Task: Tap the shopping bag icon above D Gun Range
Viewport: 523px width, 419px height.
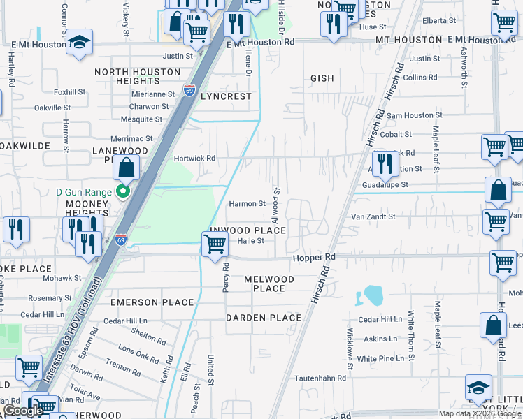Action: (126, 168)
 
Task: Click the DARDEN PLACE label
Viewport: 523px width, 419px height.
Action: (264, 318)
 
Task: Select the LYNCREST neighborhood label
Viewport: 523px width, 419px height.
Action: (226, 96)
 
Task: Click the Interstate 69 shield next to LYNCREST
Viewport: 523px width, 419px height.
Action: (189, 89)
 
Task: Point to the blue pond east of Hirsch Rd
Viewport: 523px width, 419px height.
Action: (373, 296)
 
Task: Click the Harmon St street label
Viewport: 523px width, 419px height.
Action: (248, 204)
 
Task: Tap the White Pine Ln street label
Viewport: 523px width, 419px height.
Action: (380, 358)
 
